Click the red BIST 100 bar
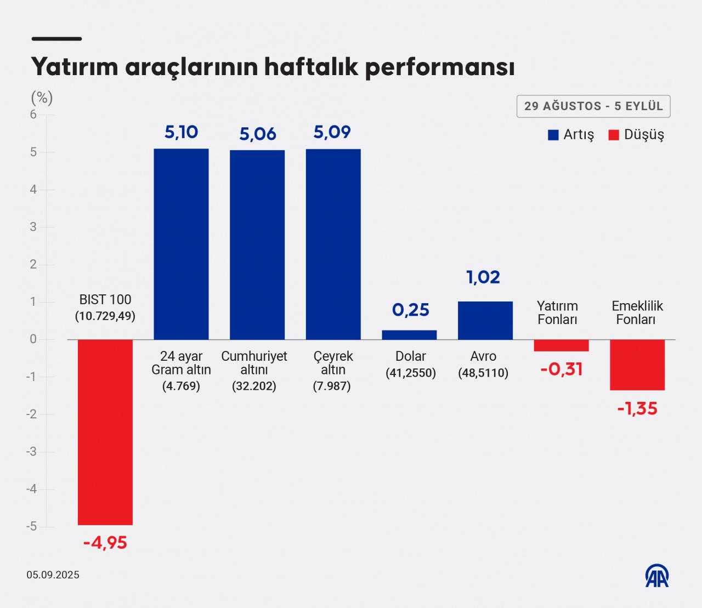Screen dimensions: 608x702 click(x=105, y=432)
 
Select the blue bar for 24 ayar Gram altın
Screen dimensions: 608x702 click(x=181, y=244)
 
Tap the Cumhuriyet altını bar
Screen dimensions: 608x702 click(x=257, y=245)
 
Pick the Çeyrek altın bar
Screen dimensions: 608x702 click(x=333, y=244)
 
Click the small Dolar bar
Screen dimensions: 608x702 click(x=409, y=335)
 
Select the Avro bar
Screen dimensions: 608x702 click(x=485, y=320)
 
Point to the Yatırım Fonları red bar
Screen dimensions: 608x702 click(x=561, y=345)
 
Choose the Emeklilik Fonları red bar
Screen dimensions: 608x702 click(x=637, y=365)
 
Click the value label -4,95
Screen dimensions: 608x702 click(x=105, y=543)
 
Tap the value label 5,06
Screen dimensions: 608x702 click(x=257, y=134)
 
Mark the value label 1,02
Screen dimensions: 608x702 click(x=483, y=277)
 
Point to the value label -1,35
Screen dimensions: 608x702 click(x=637, y=409)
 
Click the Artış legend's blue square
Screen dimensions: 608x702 click(x=553, y=135)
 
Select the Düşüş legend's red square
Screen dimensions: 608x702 click(x=614, y=135)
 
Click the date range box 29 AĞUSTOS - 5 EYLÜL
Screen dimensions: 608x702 click(x=593, y=106)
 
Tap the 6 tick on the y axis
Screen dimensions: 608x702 click(x=33, y=115)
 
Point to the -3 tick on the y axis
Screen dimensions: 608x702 click(x=32, y=452)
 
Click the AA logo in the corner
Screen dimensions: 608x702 click(x=656, y=576)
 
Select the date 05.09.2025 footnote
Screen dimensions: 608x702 click(x=53, y=575)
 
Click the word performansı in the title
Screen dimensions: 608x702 click(x=440, y=67)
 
